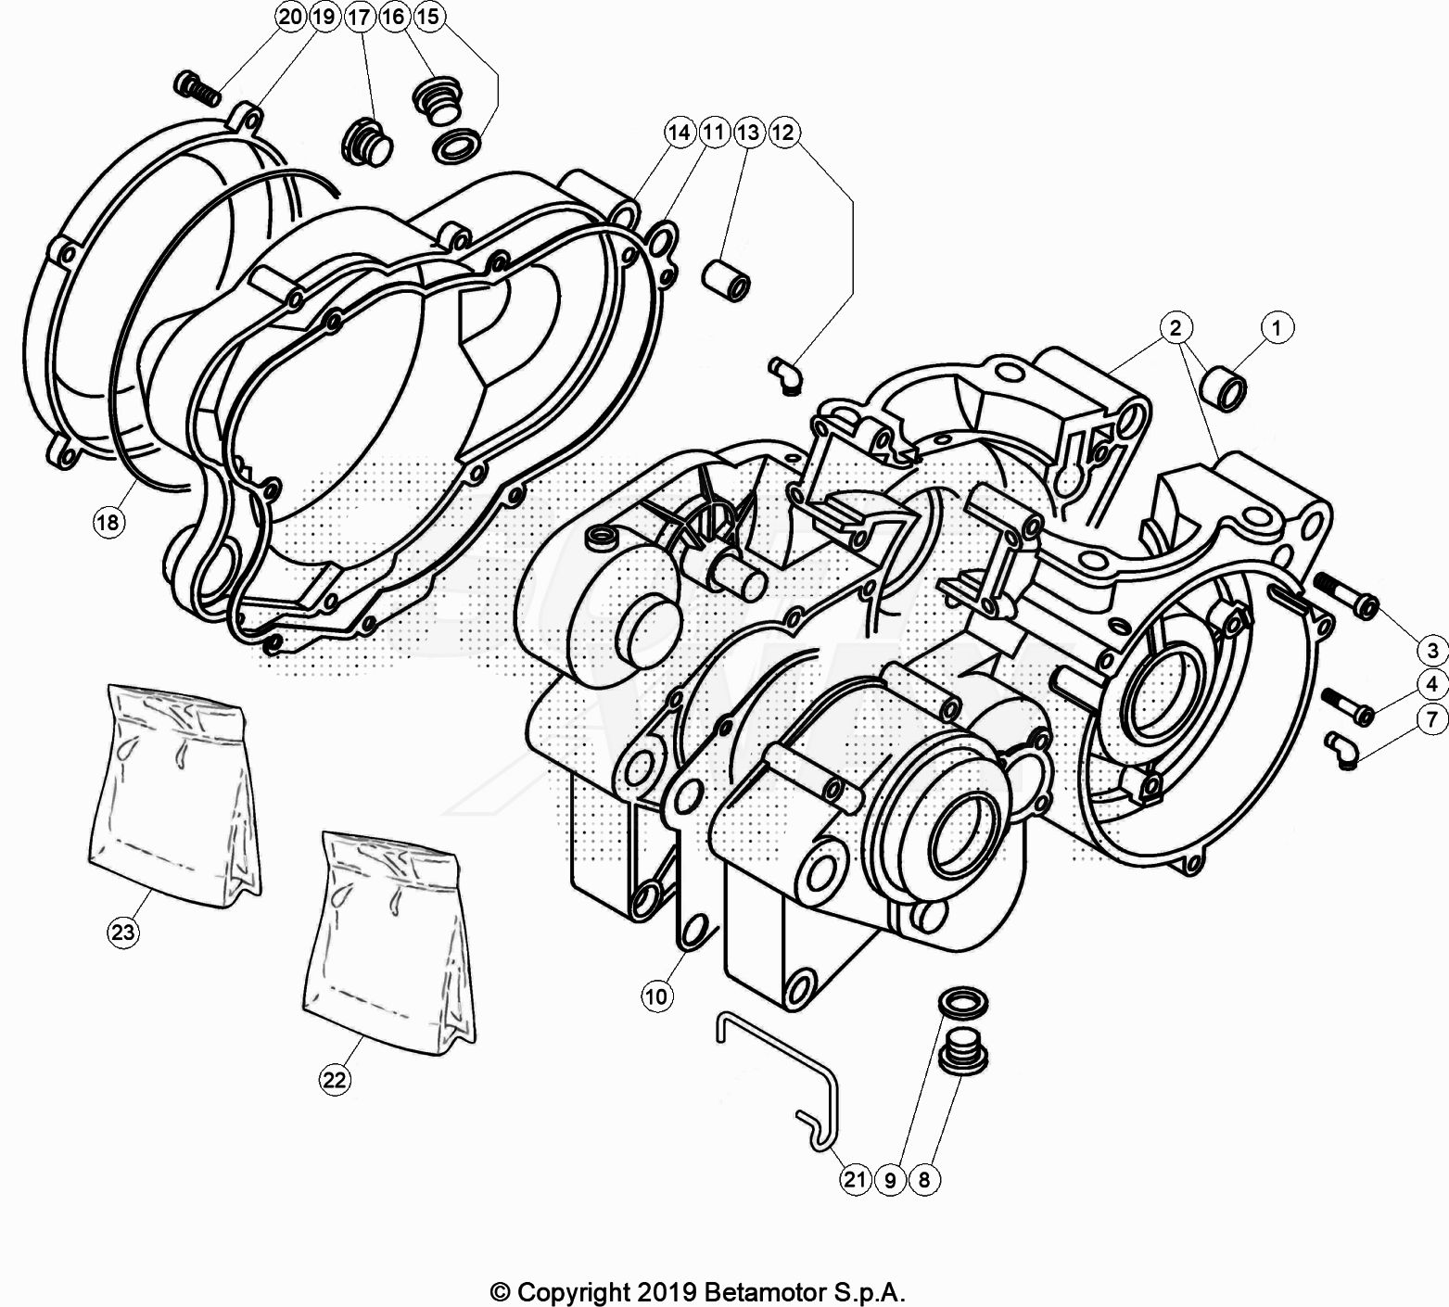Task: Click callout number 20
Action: tap(289, 16)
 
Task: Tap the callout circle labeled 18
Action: tap(108, 523)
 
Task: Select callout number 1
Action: tap(1277, 327)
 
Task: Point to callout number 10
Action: tap(655, 996)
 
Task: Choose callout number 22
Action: tap(335, 1079)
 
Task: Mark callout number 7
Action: tap(1431, 718)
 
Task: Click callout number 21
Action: tap(854, 1179)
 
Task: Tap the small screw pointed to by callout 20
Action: tap(196, 87)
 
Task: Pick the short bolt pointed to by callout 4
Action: tap(1346, 705)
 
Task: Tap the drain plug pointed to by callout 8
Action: tap(961, 1056)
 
